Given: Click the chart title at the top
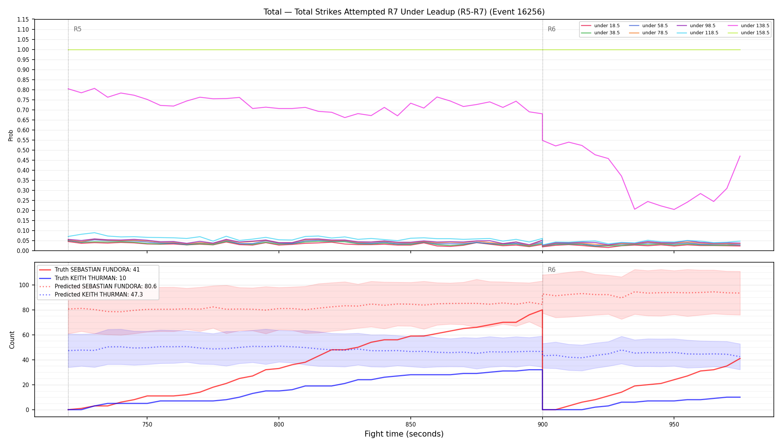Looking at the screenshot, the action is click(404, 12).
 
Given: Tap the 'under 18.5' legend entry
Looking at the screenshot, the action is click(600, 26).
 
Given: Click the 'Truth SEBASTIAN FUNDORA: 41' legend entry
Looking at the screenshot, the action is click(89, 270).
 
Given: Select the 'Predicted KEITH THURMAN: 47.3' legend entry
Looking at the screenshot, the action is click(91, 295).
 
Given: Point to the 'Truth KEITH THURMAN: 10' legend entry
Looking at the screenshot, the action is click(83, 278).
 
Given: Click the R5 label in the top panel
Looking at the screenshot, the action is click(77, 29).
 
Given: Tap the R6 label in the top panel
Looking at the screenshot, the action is click(551, 29).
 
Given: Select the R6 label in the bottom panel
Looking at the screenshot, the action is click(551, 270).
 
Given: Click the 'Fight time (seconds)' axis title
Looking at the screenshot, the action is click(404, 434).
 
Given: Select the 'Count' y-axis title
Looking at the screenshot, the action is click(12, 340).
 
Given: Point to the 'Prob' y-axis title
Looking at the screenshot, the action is click(11, 135).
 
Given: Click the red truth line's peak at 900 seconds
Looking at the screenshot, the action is click(542, 310).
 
